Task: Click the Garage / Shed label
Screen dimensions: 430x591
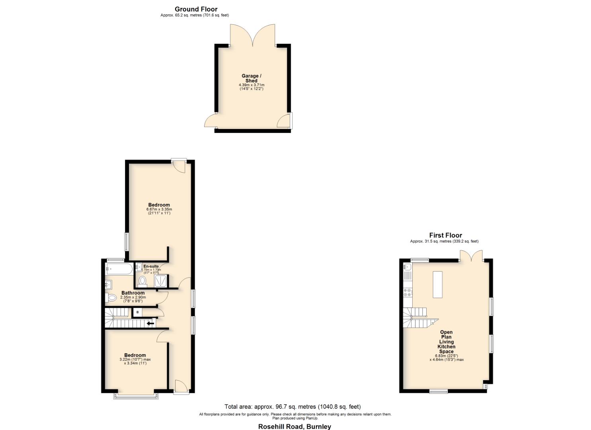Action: pyautogui.click(x=252, y=78)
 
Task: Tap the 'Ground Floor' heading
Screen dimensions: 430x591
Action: pyautogui.click(x=196, y=9)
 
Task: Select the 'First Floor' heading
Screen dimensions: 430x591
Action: pyautogui.click(x=445, y=235)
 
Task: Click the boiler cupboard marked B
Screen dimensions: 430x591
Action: pyautogui.click(x=138, y=312)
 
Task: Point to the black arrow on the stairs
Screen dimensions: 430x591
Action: pyautogui.click(x=150, y=323)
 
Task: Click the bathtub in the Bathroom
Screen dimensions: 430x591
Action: pyautogui.click(x=119, y=269)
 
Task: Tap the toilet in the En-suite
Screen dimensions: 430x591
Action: pyautogui.click(x=142, y=281)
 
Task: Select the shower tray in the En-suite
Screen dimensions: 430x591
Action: pyautogui.click(x=160, y=281)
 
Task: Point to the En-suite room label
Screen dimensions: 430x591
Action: pyautogui.click(x=151, y=266)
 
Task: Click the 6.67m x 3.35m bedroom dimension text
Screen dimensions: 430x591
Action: pyautogui.click(x=159, y=209)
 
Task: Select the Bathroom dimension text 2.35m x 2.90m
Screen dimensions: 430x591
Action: pyautogui.click(x=133, y=297)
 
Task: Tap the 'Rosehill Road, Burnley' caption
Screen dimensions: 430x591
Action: pyautogui.click(x=295, y=426)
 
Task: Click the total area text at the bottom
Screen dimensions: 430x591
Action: pyautogui.click(x=293, y=407)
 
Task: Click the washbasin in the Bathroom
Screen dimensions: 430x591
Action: pyautogui.click(x=108, y=285)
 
